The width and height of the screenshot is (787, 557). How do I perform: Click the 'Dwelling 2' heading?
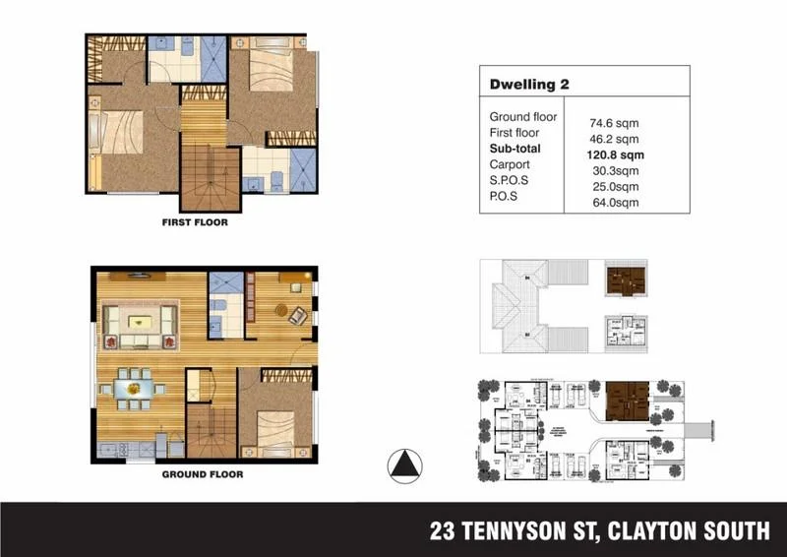[529, 86]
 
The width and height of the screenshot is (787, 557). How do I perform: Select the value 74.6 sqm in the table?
[614, 124]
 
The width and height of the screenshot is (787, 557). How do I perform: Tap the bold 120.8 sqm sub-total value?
[614, 155]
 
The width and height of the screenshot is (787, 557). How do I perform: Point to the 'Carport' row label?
[510, 164]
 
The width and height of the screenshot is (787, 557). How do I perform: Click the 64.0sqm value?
[614, 203]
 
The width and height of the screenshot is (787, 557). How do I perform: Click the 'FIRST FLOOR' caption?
[195, 222]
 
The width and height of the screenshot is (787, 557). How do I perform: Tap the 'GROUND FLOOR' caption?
[202, 474]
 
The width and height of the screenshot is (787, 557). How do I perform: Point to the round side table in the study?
[279, 312]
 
